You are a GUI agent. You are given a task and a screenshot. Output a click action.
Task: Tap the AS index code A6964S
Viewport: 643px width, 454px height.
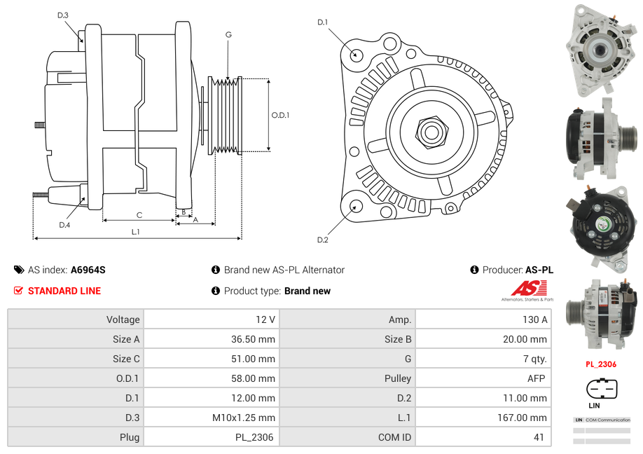[88, 270]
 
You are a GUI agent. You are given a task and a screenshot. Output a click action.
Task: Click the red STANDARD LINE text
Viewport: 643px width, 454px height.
[64, 291]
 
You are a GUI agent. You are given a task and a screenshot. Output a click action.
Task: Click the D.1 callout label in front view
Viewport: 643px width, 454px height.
[322, 22]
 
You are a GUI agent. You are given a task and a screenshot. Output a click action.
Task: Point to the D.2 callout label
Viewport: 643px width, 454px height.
[322, 240]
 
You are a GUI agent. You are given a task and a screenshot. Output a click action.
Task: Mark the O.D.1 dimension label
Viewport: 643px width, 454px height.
[280, 115]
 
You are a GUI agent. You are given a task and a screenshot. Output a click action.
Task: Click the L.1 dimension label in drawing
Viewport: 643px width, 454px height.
[136, 232]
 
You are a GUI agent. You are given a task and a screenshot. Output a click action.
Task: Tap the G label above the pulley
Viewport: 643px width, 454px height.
[228, 34]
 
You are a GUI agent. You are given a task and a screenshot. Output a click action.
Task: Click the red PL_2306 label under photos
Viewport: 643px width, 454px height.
[600, 364]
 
